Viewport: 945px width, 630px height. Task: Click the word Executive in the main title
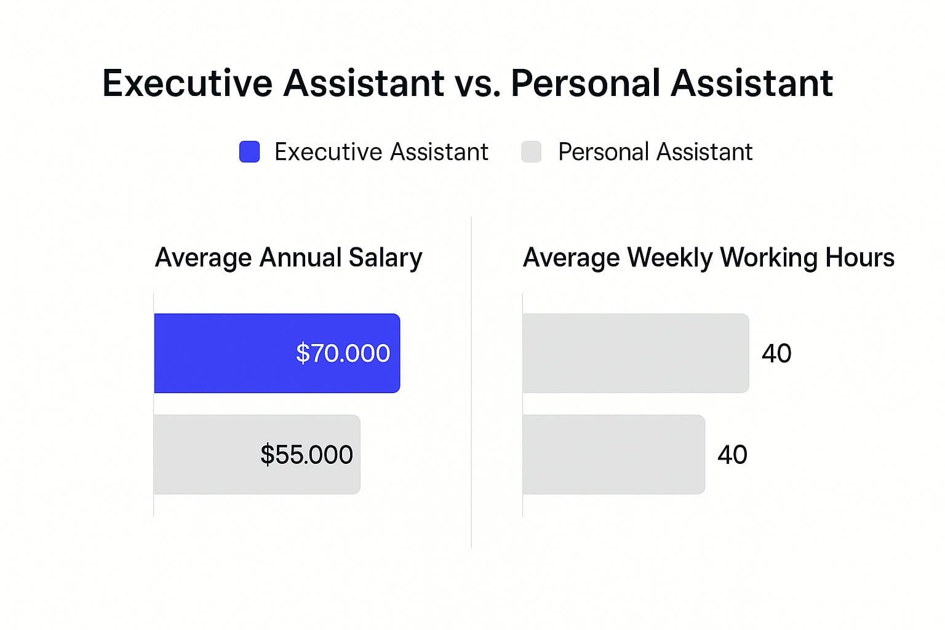tap(187, 83)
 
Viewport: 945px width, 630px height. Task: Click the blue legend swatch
tap(249, 152)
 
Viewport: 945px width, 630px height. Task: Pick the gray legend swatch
tap(531, 152)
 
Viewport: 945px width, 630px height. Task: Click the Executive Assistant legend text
tap(381, 152)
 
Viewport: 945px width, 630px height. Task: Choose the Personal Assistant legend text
tap(655, 152)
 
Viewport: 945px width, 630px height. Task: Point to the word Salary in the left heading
tap(385, 258)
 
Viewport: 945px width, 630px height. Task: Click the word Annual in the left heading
tap(300, 258)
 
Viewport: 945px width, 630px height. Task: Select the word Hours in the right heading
tap(859, 258)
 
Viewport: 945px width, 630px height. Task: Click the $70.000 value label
tap(343, 353)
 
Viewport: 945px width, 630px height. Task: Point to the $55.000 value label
tap(306, 455)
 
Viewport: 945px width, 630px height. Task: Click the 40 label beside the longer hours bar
tap(776, 353)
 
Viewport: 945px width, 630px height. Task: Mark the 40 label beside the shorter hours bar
tap(732, 455)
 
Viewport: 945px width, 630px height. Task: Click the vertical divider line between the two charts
tap(471, 381)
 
